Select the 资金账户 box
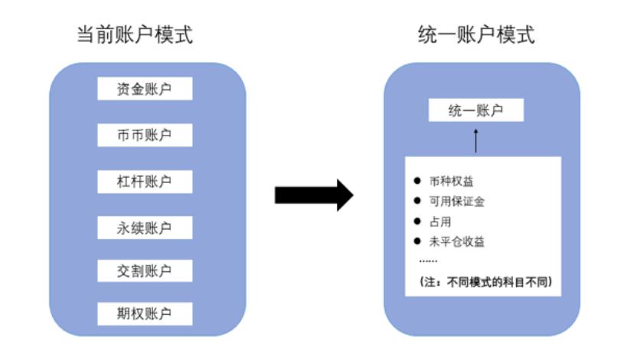pyautogui.click(x=144, y=89)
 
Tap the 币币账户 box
pyautogui.click(x=144, y=135)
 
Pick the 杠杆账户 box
pyautogui.click(x=144, y=182)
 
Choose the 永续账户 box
pyautogui.click(x=144, y=227)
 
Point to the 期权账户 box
pyautogui.click(x=144, y=313)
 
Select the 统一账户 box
pyautogui.click(x=475, y=110)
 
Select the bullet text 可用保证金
pyautogui.click(x=457, y=201)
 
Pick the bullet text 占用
pyautogui.click(x=441, y=221)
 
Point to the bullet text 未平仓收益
pyautogui.click(x=457, y=241)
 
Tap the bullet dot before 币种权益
pyautogui.click(x=417, y=182)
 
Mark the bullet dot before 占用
pyautogui.click(x=417, y=221)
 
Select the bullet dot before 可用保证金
pyautogui.click(x=417, y=201)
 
